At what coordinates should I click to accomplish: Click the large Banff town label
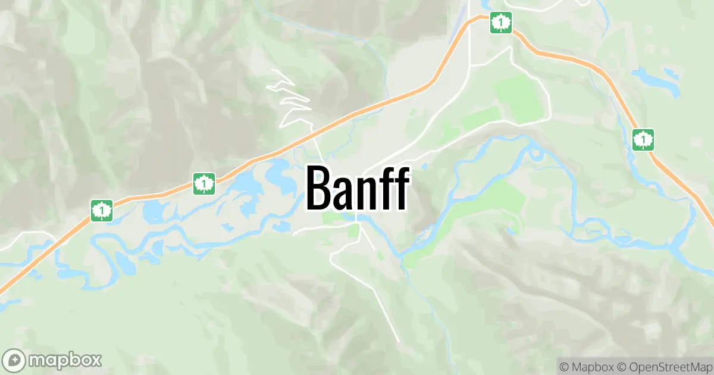pyautogui.click(x=358, y=188)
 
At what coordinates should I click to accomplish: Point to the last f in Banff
pyautogui.click(x=400, y=188)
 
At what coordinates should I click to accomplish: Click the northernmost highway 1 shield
pyautogui.click(x=501, y=23)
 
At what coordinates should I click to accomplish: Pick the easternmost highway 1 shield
pyautogui.click(x=643, y=140)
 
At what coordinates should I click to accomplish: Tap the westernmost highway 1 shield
pyautogui.click(x=102, y=210)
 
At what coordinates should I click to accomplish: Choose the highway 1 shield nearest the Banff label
pyautogui.click(x=204, y=183)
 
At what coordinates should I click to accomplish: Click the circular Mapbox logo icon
pyautogui.click(x=14, y=360)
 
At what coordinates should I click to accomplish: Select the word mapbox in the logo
pyautogui.click(x=65, y=360)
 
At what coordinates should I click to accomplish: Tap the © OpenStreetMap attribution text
pyautogui.click(x=664, y=365)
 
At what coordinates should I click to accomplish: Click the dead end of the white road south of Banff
pyautogui.click(x=397, y=341)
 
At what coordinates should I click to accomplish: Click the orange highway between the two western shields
pyautogui.click(x=153, y=195)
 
